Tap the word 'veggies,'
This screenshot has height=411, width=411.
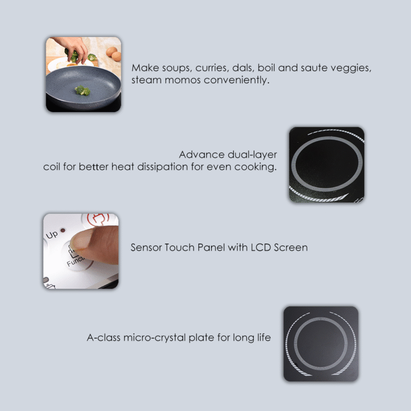pyautogui.click(x=354, y=68)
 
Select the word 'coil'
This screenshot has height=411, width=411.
pyautogui.click(x=52, y=167)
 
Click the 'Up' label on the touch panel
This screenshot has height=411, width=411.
pyautogui.click(x=52, y=235)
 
